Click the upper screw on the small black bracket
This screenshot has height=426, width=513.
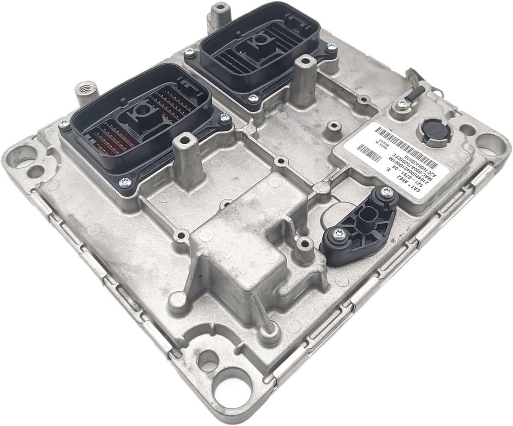pos(385,190)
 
